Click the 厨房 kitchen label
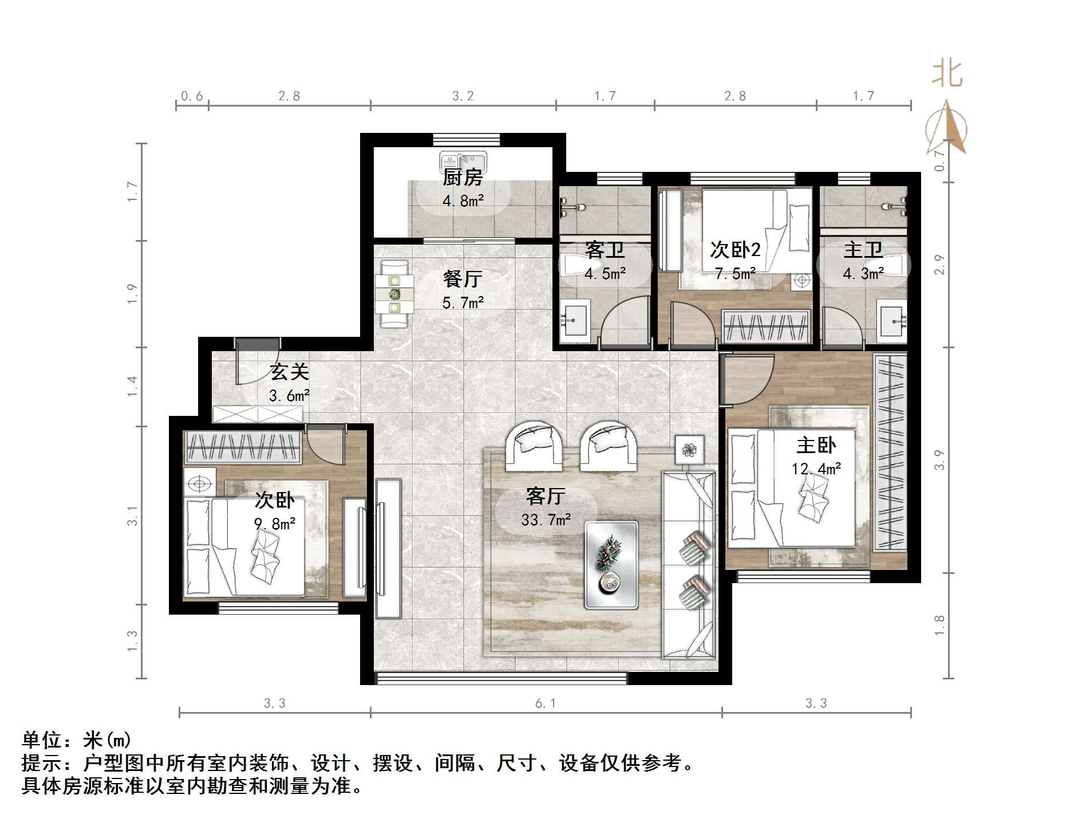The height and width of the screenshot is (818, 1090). (463, 178)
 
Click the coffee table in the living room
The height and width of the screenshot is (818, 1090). (611, 564)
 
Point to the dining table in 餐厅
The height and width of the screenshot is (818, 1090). (394, 294)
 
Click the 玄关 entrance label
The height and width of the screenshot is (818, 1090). (290, 372)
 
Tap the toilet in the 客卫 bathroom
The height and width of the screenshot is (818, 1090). (578, 265)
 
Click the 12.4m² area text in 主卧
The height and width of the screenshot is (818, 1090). (816, 469)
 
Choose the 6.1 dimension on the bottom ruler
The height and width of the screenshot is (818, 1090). (545, 703)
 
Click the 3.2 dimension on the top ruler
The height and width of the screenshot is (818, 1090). (463, 96)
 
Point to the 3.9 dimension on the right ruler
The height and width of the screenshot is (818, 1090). (939, 460)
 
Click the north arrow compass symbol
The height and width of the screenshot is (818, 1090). (947, 129)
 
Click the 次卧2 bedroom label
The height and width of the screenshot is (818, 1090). (735, 250)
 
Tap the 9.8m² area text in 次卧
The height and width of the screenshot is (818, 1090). (274, 524)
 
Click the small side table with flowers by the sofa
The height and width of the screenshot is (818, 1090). (689, 450)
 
